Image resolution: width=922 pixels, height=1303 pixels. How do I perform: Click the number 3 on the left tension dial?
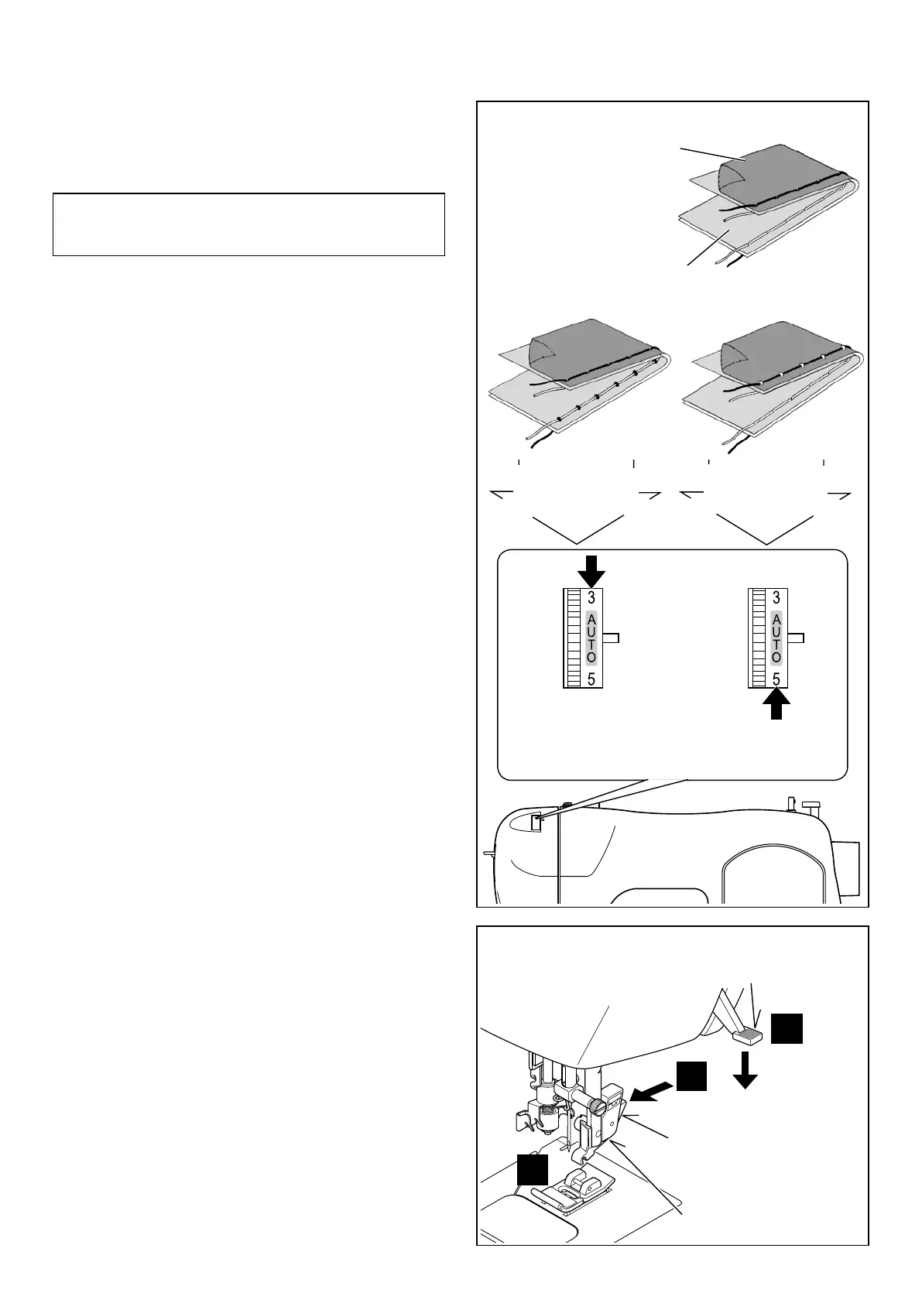point(591,597)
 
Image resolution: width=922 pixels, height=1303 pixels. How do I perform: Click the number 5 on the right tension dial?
point(776,680)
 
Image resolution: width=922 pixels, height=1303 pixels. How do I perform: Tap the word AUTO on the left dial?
point(591,638)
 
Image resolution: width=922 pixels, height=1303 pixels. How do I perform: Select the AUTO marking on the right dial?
point(776,638)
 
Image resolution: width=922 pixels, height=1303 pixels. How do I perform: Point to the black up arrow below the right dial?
point(776,704)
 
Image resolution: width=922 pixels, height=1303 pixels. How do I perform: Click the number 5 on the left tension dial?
point(591,680)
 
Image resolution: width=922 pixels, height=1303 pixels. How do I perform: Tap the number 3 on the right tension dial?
point(776,597)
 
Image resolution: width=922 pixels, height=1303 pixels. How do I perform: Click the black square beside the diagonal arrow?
point(691,1076)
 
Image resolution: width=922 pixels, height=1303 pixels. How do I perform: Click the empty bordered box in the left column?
point(248,224)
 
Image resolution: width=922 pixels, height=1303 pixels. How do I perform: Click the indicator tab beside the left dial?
point(612,638)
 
